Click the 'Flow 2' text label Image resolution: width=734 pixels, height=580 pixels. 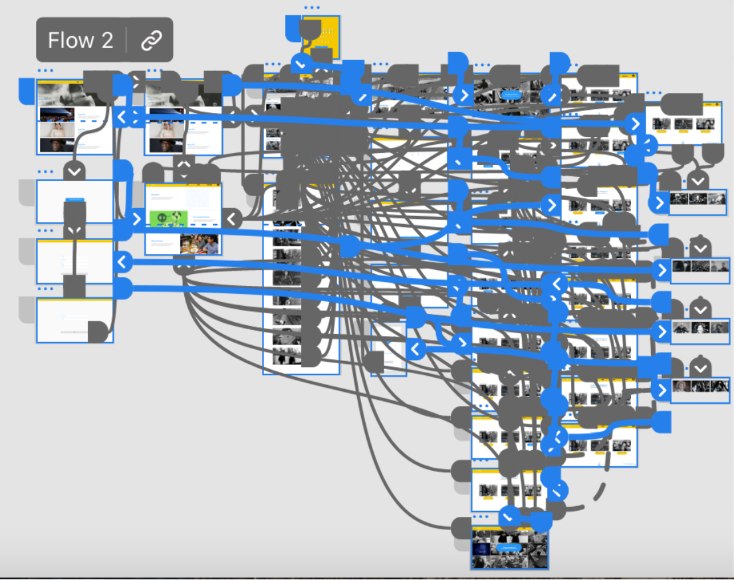tap(80, 41)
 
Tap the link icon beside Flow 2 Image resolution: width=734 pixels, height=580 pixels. tap(151, 41)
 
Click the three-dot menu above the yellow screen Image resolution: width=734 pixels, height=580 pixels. tap(311, 8)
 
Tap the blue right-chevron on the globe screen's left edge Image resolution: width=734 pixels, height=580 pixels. tap(137, 219)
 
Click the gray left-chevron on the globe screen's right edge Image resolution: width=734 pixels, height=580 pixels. tap(231, 218)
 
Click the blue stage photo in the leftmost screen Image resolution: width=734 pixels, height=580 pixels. tap(57, 114)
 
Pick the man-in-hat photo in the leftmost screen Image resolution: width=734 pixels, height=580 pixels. tap(57, 145)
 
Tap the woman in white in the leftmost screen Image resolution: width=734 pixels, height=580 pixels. tap(57, 130)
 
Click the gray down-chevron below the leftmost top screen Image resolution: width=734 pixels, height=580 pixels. tap(74, 172)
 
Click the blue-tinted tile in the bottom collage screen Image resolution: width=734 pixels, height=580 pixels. tap(483, 549)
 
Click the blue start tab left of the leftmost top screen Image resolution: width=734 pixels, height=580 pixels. tap(27, 90)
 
